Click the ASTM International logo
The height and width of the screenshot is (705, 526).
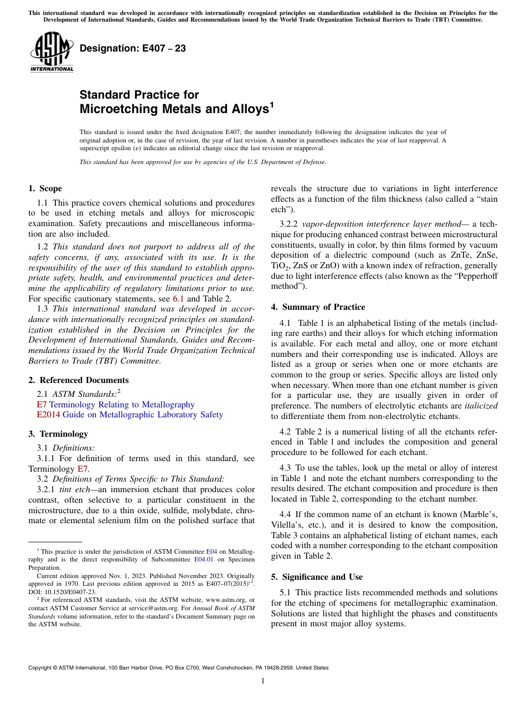tap(51, 52)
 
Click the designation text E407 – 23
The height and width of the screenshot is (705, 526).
tap(133, 48)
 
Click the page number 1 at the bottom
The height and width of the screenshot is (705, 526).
tap(262, 681)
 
